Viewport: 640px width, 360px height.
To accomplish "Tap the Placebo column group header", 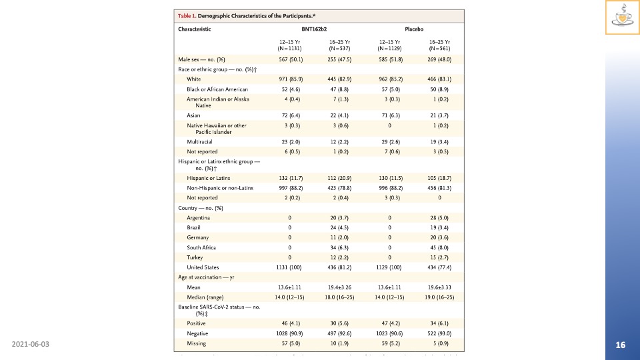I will (x=415, y=29).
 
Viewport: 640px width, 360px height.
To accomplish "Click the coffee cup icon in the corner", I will (x=622, y=17).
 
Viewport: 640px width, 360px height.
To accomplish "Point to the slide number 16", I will (x=621, y=345).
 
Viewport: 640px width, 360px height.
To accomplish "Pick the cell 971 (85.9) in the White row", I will (x=289, y=79).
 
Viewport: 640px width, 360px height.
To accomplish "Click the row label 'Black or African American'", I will (x=217, y=89).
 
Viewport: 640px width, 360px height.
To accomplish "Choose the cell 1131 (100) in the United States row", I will (x=289, y=267).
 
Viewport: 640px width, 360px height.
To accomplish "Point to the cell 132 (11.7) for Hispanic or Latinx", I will (x=289, y=178).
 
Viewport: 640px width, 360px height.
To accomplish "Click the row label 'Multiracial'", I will (x=201, y=142).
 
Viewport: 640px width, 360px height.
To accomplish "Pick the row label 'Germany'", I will (x=198, y=237).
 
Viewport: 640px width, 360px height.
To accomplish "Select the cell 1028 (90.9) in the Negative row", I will (x=289, y=333).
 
